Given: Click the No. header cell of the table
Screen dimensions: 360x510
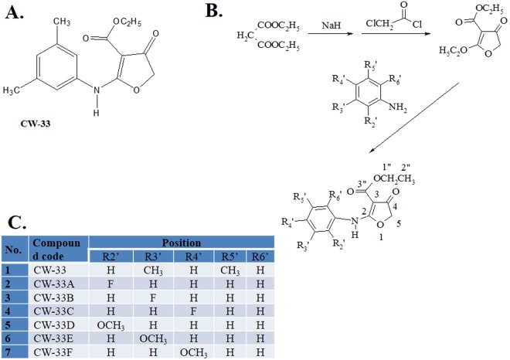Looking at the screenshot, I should coord(15,250).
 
